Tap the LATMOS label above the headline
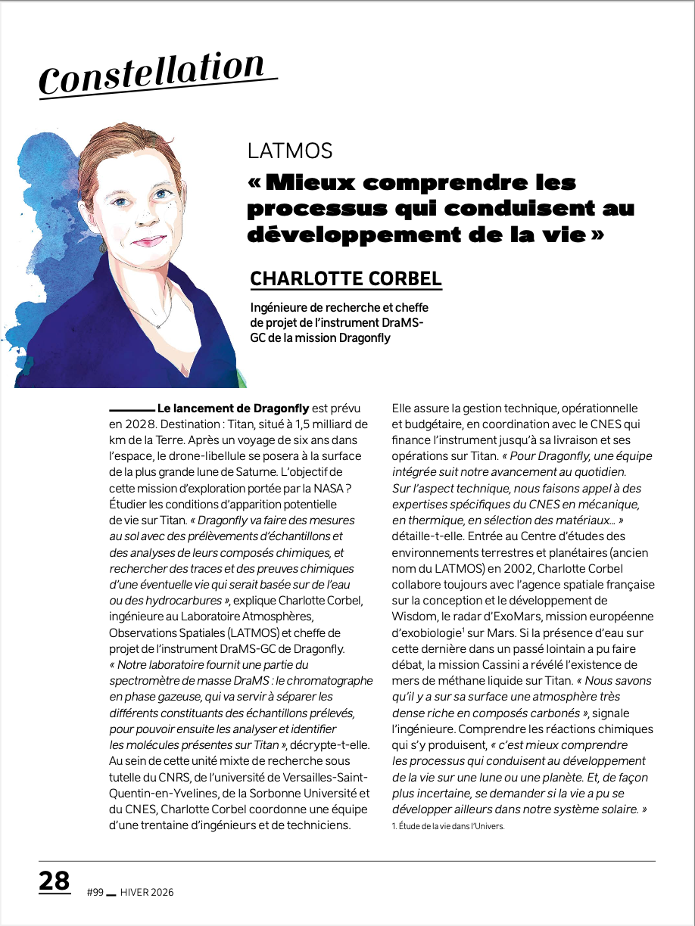[x=290, y=151]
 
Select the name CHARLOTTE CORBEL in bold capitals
[x=346, y=278]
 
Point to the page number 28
[x=54, y=881]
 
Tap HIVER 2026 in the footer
[x=147, y=892]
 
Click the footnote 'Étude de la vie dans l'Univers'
[x=447, y=826]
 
